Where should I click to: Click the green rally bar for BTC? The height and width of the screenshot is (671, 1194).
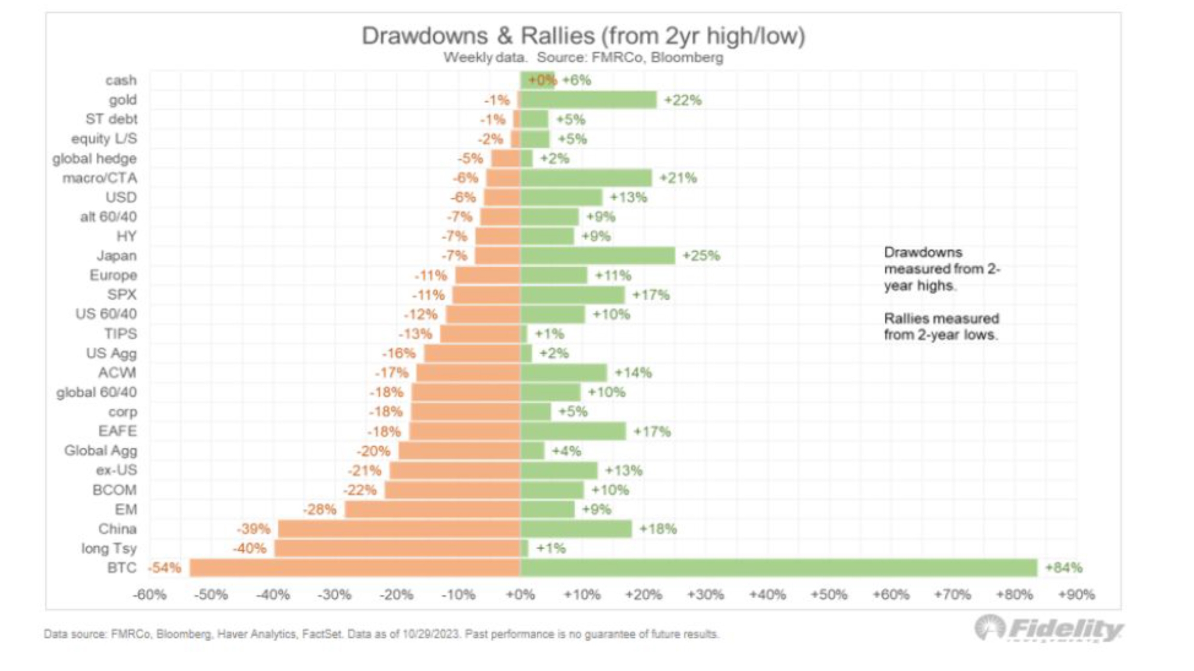point(777,568)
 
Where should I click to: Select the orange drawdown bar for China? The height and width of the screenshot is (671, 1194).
point(399,529)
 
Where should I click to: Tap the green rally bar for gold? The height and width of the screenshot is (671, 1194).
point(588,100)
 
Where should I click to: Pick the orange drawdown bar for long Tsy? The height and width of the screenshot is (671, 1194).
point(397,548)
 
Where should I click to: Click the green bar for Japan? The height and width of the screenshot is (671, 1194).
point(598,256)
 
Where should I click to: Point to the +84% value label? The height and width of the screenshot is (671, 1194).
point(1063,568)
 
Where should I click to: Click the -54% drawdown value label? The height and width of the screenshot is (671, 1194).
point(165,568)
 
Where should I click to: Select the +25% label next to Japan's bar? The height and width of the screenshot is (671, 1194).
point(701,256)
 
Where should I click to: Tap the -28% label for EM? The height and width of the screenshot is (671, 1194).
point(320,509)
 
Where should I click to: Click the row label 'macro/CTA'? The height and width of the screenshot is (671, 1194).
point(99,178)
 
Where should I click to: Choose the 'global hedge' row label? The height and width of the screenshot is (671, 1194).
point(94,158)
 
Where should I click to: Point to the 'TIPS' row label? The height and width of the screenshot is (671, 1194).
point(121,334)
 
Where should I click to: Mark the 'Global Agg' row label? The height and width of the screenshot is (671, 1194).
point(101,451)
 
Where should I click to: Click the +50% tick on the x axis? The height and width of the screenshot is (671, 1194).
point(829,595)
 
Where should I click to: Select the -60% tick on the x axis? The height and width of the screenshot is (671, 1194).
point(150,595)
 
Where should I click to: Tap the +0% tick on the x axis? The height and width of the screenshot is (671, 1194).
point(520,595)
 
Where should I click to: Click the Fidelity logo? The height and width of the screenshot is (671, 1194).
point(1049,629)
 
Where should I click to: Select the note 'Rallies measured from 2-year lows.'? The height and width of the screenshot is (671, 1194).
point(941,327)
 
